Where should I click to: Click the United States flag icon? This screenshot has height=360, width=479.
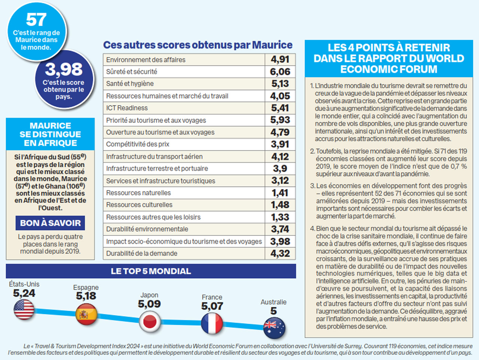pyautogui.click(x=24, y=310)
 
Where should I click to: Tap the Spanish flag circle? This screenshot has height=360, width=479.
pyautogui.click(x=86, y=314)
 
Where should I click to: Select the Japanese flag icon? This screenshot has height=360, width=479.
pyautogui.click(x=150, y=321)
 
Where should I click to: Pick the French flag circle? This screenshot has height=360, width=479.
pyautogui.click(x=212, y=324)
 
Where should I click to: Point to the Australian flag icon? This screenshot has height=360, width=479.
pyautogui.click(x=274, y=328)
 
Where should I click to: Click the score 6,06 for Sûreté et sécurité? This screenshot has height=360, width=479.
pyautogui.click(x=280, y=72)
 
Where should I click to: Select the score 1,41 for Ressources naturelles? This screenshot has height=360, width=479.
pyautogui.click(x=280, y=193)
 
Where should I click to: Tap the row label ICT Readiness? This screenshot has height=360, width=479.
pyautogui.click(x=127, y=108)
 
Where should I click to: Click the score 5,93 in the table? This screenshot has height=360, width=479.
pyautogui.click(x=280, y=120)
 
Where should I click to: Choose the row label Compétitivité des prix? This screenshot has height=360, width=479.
pyautogui.click(x=137, y=144)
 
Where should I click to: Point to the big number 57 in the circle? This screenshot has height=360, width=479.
pyautogui.click(x=36, y=20)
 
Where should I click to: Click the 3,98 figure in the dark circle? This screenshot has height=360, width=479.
pyautogui.click(x=64, y=69)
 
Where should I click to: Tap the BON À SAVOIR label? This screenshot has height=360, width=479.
pyautogui.click(x=50, y=223)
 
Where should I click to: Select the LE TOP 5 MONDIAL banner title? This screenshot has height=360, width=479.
pyautogui.click(x=150, y=271)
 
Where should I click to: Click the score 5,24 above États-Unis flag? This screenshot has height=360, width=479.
pyautogui.click(x=24, y=293)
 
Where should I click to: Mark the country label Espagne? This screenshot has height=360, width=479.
pyautogui.click(x=86, y=287)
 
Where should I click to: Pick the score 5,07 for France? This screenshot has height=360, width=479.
pyautogui.click(x=212, y=306)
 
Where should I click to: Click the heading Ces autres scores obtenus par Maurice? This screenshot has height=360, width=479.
pyautogui.click(x=198, y=45)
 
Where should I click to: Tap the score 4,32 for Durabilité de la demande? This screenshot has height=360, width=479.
pyautogui.click(x=280, y=253)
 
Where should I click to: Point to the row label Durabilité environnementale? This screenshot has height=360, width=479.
pyautogui.click(x=147, y=229)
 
